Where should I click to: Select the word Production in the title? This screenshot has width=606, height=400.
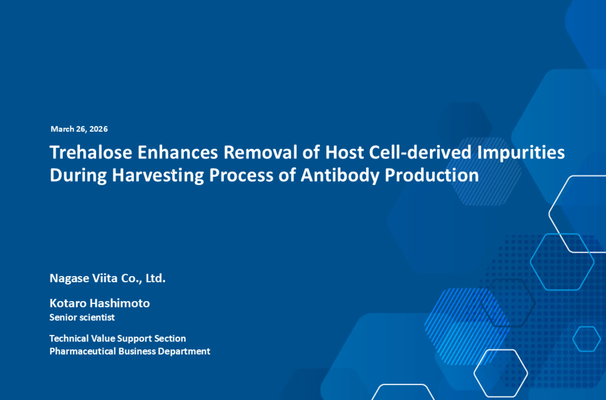click(x=432, y=175)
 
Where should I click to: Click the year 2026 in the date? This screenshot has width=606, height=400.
click(x=98, y=129)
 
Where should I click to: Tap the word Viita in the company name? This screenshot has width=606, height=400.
click(x=105, y=278)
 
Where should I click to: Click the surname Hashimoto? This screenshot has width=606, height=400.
click(x=120, y=303)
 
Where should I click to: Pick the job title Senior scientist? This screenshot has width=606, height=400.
click(x=82, y=317)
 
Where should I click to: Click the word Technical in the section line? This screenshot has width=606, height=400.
click(x=69, y=339)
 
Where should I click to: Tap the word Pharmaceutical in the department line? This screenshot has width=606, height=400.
click(x=83, y=351)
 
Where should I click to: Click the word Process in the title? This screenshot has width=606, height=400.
click(x=241, y=175)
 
